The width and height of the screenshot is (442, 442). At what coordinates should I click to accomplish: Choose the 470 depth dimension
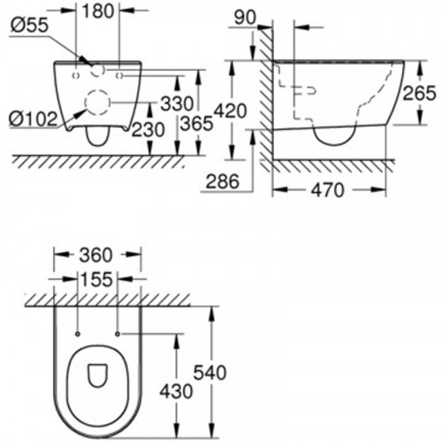pyautogui.click(x=329, y=192)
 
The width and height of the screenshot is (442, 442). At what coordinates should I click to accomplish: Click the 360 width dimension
pyautogui.click(x=97, y=255)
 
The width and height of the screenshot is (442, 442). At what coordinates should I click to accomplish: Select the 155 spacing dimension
pyautogui.click(x=97, y=280)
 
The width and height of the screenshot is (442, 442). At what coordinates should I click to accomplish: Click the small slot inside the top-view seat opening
pyautogui.click(x=96, y=377)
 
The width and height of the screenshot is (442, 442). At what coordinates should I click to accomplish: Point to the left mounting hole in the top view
pyautogui.click(x=79, y=333)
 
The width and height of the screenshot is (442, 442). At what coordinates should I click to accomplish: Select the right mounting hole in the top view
pyautogui.click(x=118, y=333)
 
